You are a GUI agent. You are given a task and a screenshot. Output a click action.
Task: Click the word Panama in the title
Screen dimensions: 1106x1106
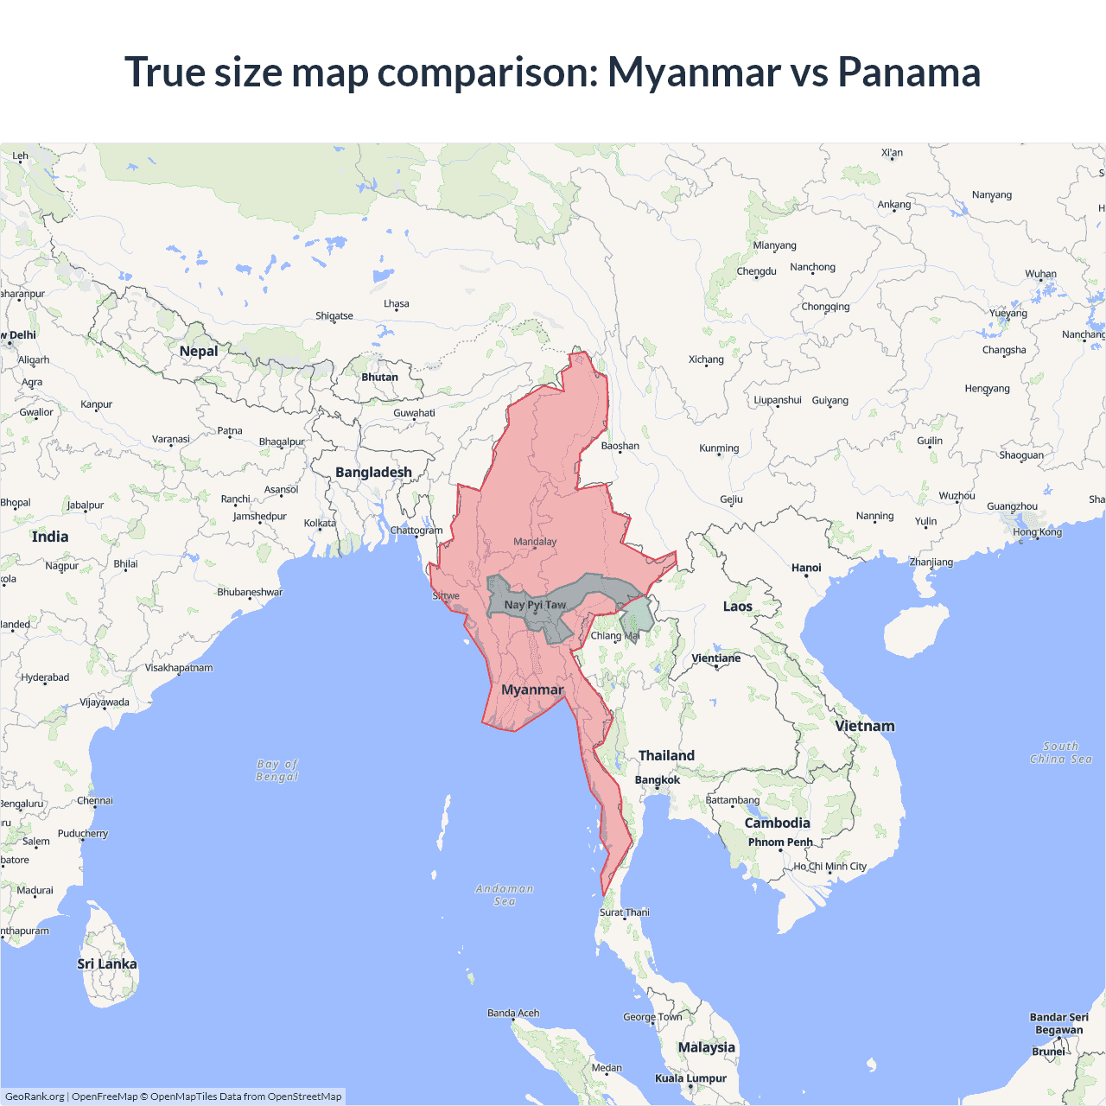909,72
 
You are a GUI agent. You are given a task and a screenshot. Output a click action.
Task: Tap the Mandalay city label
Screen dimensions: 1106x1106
535,542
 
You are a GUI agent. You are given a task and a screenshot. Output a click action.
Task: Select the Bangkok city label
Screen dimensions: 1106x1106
658,780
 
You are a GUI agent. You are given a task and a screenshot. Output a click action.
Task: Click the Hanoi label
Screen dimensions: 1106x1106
806,568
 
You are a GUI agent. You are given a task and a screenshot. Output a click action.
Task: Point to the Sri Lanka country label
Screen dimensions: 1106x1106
107,964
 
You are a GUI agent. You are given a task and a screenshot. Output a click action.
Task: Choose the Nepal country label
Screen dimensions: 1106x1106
199,351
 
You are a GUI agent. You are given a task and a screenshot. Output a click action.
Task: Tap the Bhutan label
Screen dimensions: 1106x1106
380,378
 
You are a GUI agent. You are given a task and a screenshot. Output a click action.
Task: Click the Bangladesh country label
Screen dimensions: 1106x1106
373,473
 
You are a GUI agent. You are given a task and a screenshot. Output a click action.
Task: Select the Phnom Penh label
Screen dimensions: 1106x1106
780,842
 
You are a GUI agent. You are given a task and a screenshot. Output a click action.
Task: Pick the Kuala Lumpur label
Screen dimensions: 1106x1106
690,1078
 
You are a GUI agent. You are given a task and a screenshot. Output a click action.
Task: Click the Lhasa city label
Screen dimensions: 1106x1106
397,304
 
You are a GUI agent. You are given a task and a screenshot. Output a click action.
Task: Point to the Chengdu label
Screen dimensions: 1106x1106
757,271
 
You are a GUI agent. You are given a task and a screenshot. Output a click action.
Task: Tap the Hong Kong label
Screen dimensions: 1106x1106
1038,532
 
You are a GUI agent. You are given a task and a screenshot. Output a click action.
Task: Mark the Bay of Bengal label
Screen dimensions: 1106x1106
277,770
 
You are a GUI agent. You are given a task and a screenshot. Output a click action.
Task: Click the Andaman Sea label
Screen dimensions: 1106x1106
505,895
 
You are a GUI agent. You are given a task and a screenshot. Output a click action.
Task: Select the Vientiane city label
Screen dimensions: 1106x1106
716,658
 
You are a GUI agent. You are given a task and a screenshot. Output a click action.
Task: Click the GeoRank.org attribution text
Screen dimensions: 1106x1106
35,1096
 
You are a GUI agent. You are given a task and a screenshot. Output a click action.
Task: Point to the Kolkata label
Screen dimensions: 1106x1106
320,524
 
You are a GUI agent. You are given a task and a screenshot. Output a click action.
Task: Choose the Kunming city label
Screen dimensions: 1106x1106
719,448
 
